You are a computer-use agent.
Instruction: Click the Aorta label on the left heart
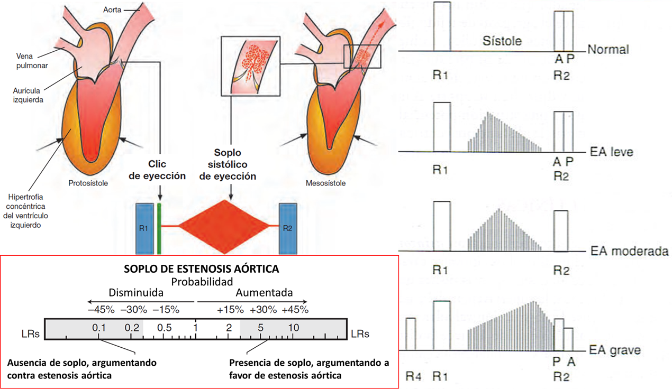coord(112,10)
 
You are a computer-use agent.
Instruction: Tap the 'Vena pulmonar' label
coord(32,61)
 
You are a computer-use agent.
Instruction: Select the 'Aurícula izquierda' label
coord(28,95)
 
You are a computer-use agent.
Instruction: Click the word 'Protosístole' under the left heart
coord(88,183)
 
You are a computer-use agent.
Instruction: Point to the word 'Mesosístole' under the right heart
coord(325,183)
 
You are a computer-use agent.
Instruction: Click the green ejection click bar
coord(159,229)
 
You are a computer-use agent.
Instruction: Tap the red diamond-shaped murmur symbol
coord(224,227)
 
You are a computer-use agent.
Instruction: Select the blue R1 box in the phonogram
coord(144,229)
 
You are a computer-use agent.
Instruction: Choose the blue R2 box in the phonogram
coord(288,229)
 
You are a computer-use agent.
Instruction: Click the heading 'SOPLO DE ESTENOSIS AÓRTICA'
coord(202,269)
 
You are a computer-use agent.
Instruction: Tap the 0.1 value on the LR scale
coord(99,328)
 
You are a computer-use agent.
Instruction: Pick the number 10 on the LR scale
coord(294,328)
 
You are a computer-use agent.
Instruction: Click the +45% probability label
coord(295,310)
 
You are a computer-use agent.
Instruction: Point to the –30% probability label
coord(134,310)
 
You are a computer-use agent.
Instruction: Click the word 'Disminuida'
coord(136,292)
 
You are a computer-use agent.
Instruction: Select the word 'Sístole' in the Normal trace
coord(502,41)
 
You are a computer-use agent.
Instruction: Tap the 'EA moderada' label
coord(629,251)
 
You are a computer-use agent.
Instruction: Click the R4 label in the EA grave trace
coord(413,376)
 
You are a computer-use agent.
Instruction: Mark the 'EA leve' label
coord(611,152)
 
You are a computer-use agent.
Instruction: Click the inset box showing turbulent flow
coord(250,66)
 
